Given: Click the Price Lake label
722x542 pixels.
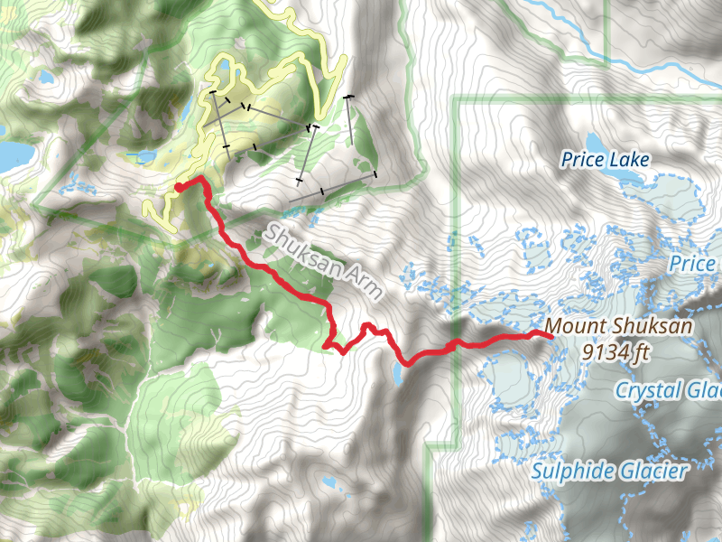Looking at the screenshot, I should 605,160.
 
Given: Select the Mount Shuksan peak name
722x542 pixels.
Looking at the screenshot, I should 620,326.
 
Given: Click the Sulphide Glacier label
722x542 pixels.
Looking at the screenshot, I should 609,471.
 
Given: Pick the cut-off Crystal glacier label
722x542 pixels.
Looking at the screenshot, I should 668,390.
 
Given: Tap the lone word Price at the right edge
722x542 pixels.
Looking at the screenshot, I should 693,264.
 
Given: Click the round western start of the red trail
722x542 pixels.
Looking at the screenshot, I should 179,187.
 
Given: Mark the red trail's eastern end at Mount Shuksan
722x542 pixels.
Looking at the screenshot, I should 549,335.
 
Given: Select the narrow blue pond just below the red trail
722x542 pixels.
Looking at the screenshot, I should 398,375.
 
